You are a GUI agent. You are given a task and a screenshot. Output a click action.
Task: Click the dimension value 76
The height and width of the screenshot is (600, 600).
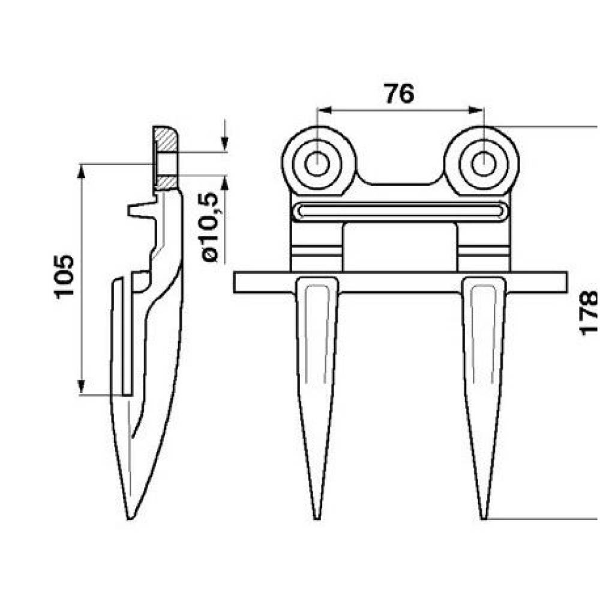coord(400,94)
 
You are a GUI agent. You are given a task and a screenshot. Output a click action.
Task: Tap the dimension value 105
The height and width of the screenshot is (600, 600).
coord(64,276)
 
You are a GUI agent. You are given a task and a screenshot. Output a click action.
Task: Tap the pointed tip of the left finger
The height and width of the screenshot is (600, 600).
coord(317,518)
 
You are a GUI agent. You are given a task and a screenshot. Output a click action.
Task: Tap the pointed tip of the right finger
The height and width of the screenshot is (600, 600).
coord(484,518)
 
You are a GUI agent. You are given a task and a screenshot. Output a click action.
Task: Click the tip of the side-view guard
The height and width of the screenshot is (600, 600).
coord(130,518)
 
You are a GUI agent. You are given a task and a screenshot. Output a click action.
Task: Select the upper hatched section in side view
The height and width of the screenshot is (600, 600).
coord(166,139)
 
